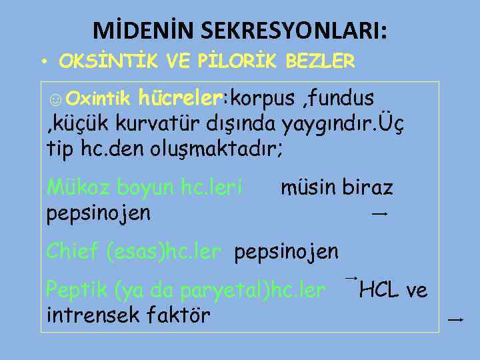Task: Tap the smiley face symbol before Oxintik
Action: (55, 99)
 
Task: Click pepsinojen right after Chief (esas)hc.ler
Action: (287, 252)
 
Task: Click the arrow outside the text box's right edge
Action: (456, 321)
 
